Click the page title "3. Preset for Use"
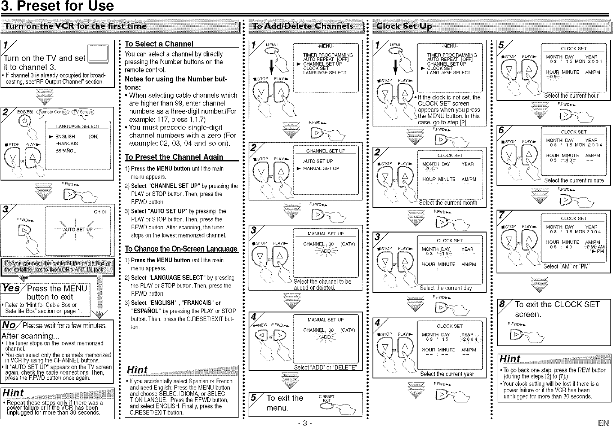[x=57, y=6]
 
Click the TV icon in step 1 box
[x=98, y=55]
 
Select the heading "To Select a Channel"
[x=159, y=44]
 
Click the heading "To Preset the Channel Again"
[x=174, y=157]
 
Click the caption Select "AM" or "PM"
[x=567, y=266]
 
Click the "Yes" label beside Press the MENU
[x=12, y=288]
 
